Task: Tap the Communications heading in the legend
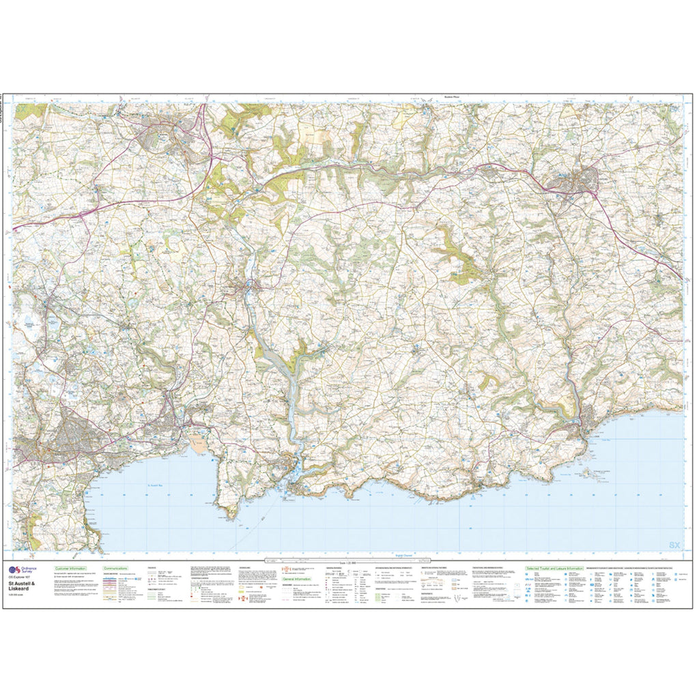tap(118, 568)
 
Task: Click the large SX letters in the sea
tap(674, 545)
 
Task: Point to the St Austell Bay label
tap(158, 485)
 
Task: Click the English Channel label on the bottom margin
tap(394, 556)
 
